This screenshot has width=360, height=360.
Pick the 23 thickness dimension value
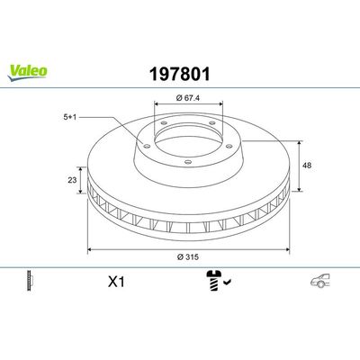[x=73, y=180]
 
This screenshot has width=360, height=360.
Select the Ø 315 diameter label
[x=188, y=260]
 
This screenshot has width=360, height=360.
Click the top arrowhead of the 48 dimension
[x=300, y=140]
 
